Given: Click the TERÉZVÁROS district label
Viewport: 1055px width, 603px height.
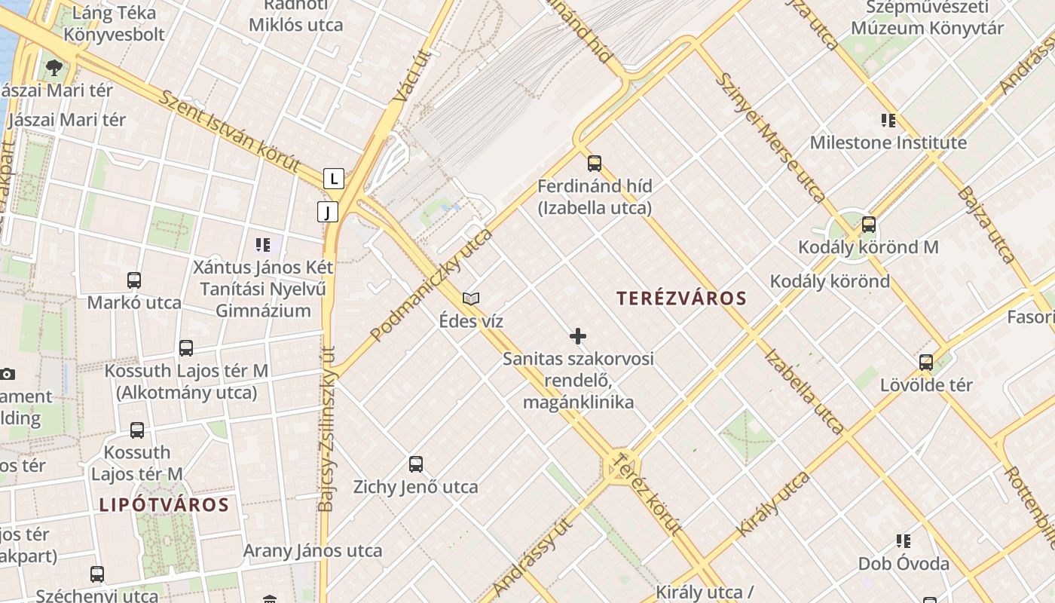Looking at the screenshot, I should coord(681,298).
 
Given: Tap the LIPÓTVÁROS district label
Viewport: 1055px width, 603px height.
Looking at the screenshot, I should coord(164,505).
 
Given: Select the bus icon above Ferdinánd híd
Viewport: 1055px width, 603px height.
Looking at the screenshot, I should coord(595,163).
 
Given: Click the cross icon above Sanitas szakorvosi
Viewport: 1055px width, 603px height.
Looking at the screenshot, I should coord(578,335).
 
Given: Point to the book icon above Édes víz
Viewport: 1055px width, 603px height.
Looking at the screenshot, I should coord(471,298).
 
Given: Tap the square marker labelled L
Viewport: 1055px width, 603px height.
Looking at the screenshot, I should coord(334,179).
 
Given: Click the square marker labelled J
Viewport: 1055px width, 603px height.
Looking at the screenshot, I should coord(328,212).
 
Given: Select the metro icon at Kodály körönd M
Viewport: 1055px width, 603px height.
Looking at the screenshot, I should coord(869,224).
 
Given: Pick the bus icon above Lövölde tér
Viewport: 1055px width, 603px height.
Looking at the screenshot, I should coord(926,362).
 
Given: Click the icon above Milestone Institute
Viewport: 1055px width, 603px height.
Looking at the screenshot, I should coord(888,120).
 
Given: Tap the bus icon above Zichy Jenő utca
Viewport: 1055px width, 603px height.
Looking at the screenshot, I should coord(415,464).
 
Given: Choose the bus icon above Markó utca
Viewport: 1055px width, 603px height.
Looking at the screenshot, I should coord(134,280).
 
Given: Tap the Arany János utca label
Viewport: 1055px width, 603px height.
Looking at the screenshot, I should coord(312,551).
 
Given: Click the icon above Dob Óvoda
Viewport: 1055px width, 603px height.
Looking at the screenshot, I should coord(904,540).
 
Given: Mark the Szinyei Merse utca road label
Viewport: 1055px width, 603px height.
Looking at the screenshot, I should coord(769,137).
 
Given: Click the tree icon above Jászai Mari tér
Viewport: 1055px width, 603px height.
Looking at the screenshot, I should coord(54,68).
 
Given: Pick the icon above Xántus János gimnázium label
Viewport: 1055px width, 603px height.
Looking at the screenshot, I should coord(262,244).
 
